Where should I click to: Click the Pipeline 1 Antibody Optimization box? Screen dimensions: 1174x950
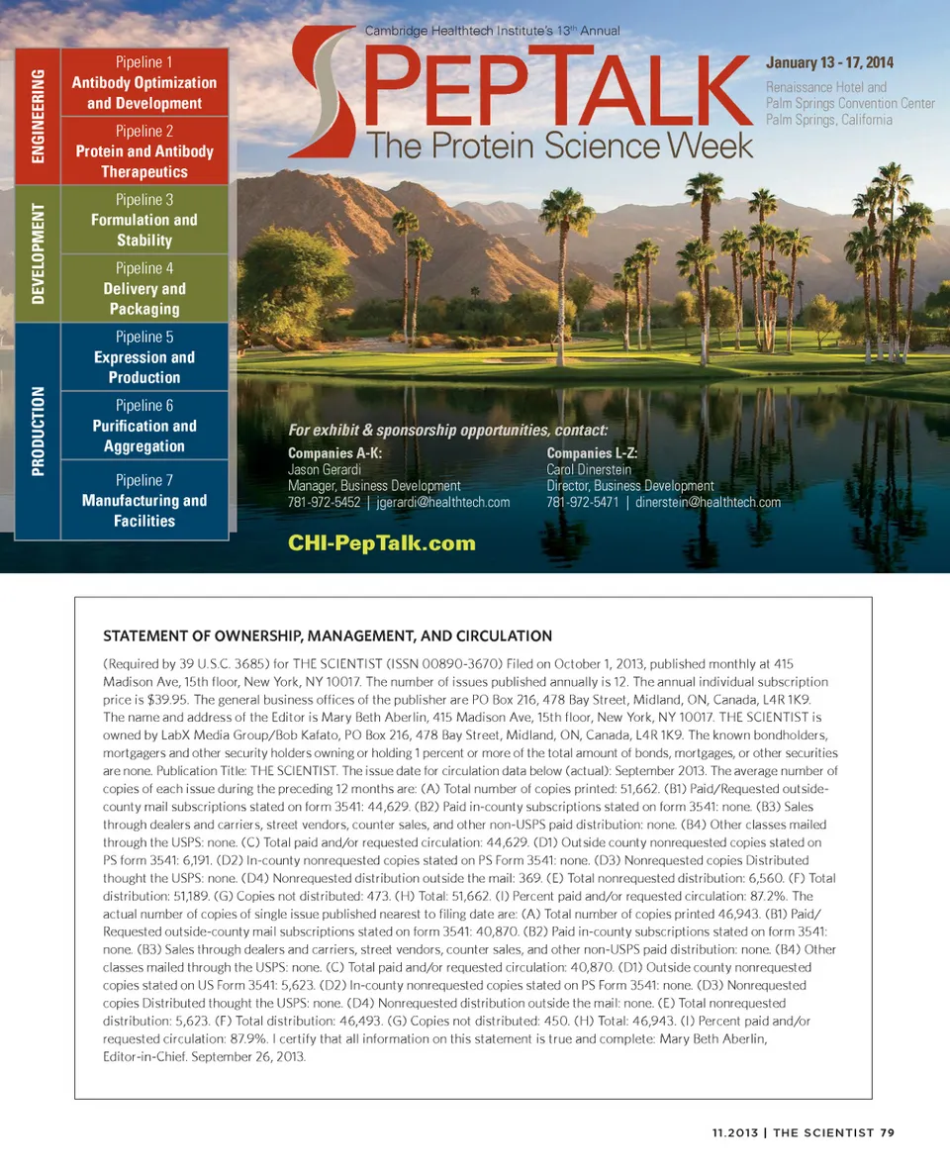click(x=144, y=83)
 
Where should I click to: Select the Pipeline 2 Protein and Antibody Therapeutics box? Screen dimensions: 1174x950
click(x=144, y=151)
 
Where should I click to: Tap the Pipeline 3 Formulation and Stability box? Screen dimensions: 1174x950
click(x=144, y=220)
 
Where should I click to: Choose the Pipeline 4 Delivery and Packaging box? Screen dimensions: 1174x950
click(x=144, y=288)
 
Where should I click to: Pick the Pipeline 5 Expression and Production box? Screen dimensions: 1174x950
click(x=144, y=356)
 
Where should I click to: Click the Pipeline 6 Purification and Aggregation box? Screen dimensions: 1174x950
click(x=144, y=426)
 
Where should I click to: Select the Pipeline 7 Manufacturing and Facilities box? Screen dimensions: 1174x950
click(x=144, y=500)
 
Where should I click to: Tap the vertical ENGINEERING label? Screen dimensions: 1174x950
click(x=39, y=115)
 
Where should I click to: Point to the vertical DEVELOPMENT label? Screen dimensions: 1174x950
click(x=39, y=253)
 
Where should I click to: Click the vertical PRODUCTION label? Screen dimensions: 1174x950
click(x=39, y=432)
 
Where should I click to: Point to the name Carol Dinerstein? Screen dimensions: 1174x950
click(x=589, y=470)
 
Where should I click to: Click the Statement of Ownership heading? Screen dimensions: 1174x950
click(x=328, y=636)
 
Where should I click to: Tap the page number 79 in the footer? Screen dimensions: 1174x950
click(x=887, y=1132)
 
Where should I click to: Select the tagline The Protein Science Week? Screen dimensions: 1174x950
click(x=560, y=145)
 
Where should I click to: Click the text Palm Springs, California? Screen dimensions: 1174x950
click(x=829, y=120)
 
